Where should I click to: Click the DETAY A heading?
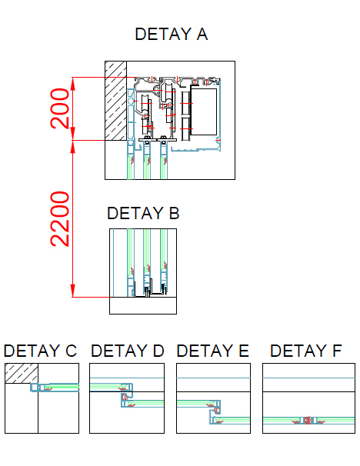click(172, 34)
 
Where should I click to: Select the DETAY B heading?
click(143, 213)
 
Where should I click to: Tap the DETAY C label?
click(40, 351)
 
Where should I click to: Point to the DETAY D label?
click(127, 351)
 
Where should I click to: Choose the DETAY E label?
click(212, 351)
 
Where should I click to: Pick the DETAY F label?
click(306, 351)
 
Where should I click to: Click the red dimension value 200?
click(60, 108)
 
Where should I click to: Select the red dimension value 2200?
click(60, 219)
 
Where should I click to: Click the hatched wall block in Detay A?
click(115, 101)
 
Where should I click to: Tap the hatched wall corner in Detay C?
click(22, 373)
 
